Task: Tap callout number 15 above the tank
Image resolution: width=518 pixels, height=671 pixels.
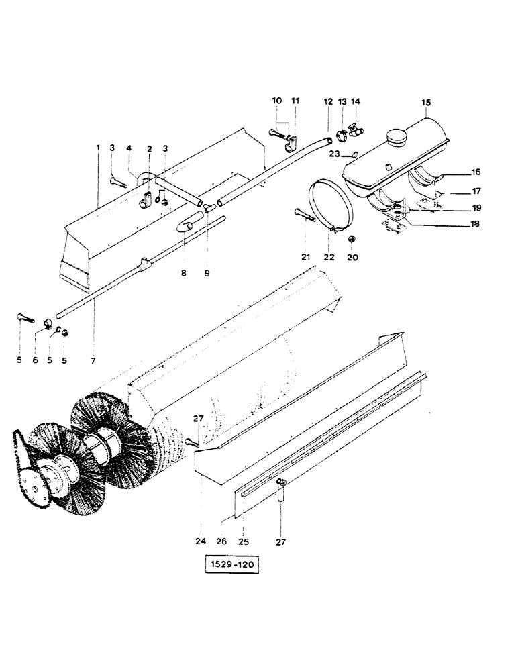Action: point(426,103)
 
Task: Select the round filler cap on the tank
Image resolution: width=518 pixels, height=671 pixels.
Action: point(395,138)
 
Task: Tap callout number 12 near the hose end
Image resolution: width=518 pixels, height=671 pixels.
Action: point(328,101)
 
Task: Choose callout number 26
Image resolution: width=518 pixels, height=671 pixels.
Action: point(222,540)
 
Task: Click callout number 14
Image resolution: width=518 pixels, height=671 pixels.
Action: point(356,101)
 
